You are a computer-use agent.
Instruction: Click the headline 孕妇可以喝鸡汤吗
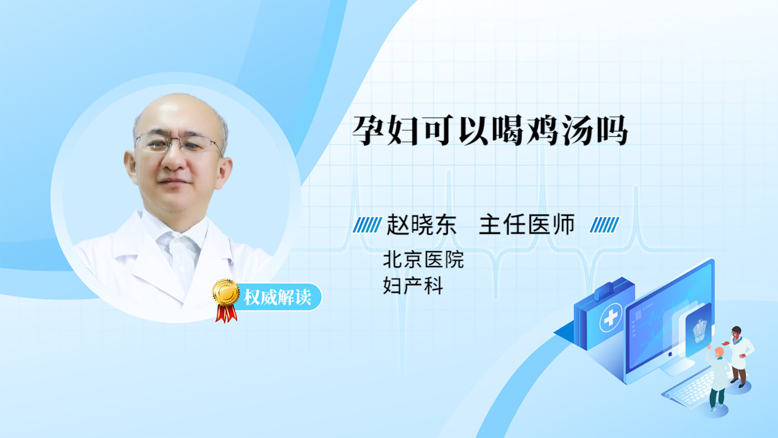point(490,130)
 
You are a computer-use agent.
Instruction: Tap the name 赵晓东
point(421,224)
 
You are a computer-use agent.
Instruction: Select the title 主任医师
point(527,224)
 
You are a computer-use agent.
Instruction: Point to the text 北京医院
point(424,260)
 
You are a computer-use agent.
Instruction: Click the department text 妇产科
point(413,286)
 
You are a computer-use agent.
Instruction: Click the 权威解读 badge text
point(277,297)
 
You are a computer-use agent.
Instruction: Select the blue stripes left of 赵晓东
point(367,225)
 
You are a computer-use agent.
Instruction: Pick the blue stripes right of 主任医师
point(604,225)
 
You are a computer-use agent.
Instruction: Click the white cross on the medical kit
point(611,317)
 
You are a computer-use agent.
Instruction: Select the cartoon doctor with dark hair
point(739,356)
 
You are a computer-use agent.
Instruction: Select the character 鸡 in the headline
point(543,130)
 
